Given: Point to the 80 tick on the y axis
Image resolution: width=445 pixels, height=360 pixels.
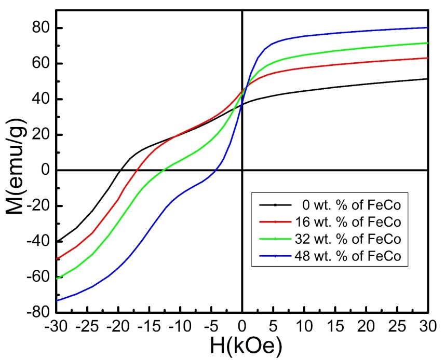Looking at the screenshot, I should point(42,28).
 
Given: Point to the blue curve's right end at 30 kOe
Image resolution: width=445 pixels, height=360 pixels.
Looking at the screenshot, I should point(427,27).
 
